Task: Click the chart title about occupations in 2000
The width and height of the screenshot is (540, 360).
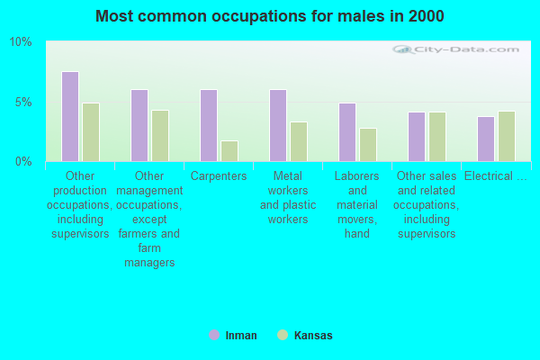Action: tap(270, 16)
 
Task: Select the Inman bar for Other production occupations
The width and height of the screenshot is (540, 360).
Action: tap(70, 116)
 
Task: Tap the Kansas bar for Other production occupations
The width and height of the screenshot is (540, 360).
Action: tap(91, 131)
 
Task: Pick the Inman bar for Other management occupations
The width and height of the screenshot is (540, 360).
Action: tap(139, 125)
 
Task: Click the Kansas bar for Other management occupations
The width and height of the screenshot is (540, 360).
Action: tap(160, 135)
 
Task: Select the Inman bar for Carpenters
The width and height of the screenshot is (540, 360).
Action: tap(209, 125)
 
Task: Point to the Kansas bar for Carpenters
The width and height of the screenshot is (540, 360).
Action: tap(229, 150)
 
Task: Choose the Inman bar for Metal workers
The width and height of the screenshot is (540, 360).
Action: tap(278, 125)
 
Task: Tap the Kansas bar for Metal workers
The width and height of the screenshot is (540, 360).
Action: tap(299, 141)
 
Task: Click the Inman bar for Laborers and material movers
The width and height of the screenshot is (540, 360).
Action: tap(347, 131)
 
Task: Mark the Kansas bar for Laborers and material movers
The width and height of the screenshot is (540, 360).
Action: tap(368, 144)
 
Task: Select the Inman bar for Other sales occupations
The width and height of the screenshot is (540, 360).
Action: tap(417, 136)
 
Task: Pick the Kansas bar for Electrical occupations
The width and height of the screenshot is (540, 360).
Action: tap(507, 136)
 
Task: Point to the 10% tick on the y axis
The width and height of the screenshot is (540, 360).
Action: tap(21, 42)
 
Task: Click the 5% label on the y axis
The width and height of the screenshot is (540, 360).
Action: tap(23, 102)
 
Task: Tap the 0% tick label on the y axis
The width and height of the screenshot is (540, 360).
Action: tap(23, 161)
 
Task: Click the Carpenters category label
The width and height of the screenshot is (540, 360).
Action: tap(219, 176)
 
